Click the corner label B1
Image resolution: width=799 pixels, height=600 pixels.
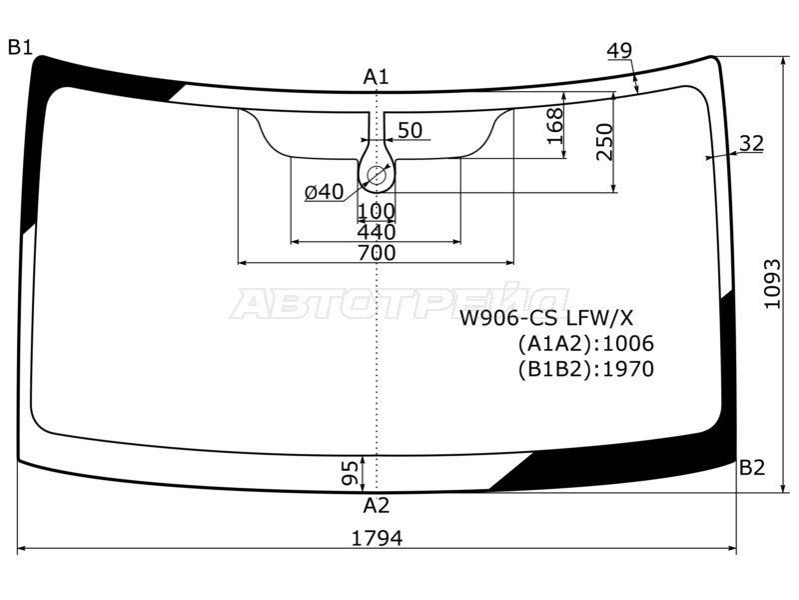[20, 47]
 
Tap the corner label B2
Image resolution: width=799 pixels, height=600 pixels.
[752, 467]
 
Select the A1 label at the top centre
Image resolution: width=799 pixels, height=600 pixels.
[377, 77]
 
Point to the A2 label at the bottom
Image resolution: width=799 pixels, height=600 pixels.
[377, 506]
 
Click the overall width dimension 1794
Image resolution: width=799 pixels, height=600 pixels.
[378, 538]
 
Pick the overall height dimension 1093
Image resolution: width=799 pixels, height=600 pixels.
[772, 284]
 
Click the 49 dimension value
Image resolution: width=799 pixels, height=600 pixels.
[619, 51]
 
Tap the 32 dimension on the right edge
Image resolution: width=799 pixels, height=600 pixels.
[752, 143]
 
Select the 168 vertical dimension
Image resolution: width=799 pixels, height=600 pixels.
[555, 126]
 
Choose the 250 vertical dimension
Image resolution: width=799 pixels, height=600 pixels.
[604, 142]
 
